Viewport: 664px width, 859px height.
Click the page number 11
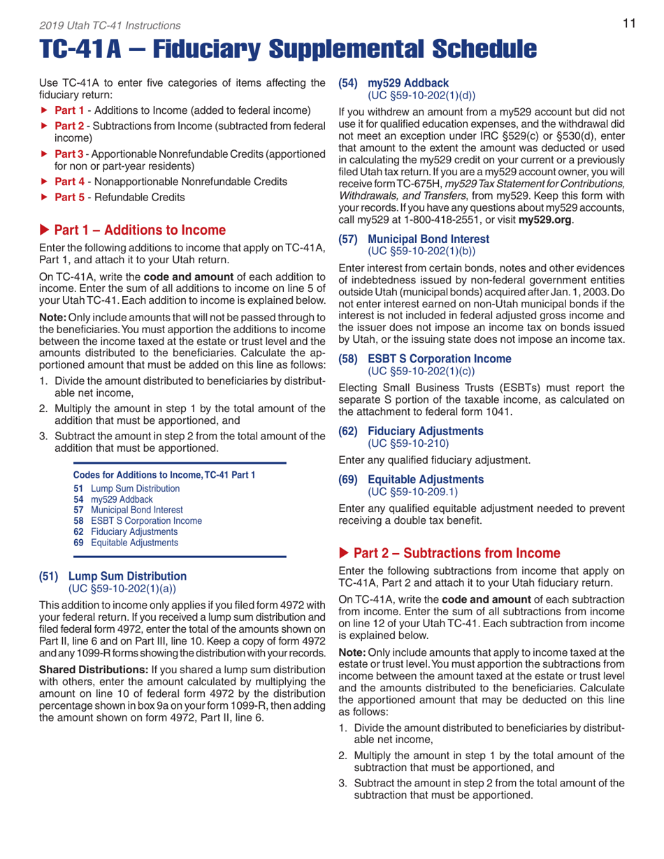(x=628, y=24)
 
